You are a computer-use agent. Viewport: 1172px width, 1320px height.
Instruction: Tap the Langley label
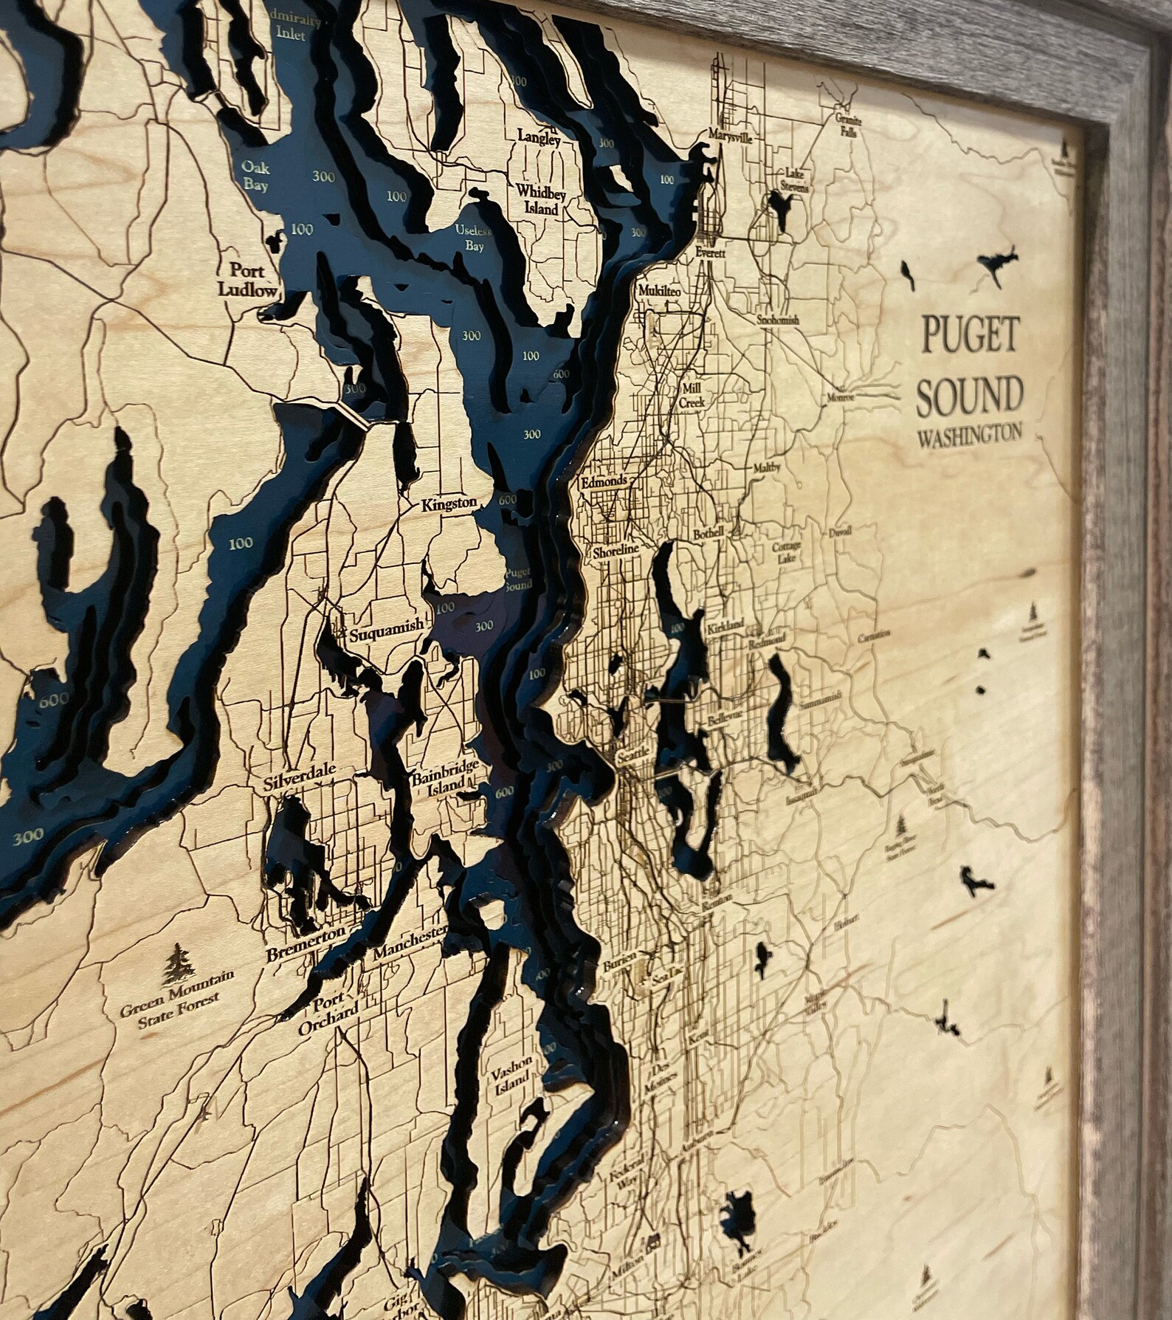tap(539, 137)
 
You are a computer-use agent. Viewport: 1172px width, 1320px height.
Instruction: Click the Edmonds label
tap(604, 481)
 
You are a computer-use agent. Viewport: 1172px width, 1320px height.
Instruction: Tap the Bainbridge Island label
tap(447, 777)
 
